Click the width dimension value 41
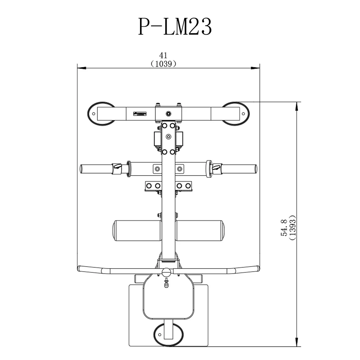[163, 55]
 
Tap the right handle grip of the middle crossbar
[240, 169]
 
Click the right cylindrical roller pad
[200, 231]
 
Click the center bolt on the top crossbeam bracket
[169, 114]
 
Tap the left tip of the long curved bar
[80, 268]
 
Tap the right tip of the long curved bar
[258, 268]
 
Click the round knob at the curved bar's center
[166, 272]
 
